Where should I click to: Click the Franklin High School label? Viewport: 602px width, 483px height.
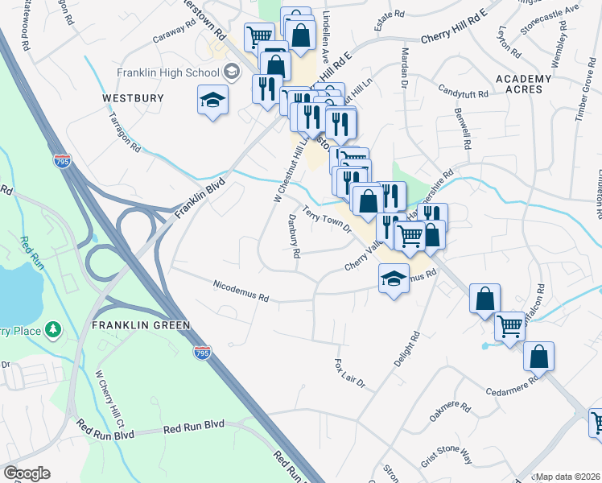point(167,72)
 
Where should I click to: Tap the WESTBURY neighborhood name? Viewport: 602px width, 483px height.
point(134,98)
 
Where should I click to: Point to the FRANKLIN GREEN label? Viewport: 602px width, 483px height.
point(141,325)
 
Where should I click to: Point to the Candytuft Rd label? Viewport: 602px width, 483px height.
point(464,93)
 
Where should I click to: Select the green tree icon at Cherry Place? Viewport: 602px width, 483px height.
point(53,328)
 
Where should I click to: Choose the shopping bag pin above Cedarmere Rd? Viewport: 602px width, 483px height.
point(538,356)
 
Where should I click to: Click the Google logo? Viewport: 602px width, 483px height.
point(27,473)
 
